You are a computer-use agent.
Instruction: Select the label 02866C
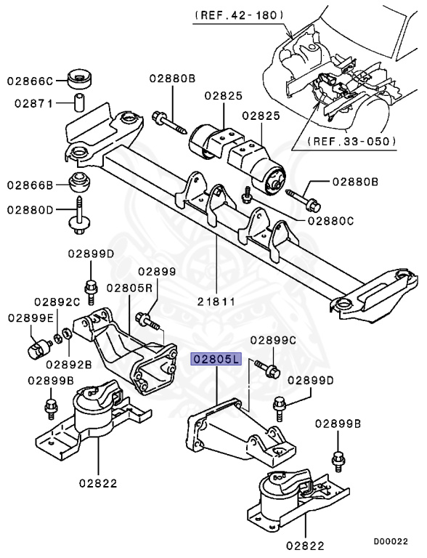[30, 80]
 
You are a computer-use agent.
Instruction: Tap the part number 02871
[33, 103]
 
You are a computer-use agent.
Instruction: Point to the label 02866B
[30, 185]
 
